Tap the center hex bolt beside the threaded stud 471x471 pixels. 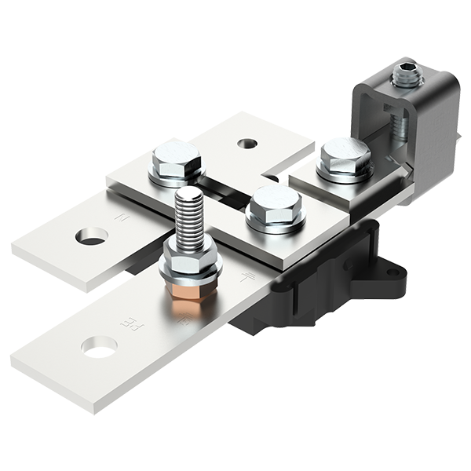[273, 206]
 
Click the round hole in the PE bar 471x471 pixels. [100, 345]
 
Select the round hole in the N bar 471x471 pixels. [91, 235]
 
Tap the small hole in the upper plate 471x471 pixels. [247, 144]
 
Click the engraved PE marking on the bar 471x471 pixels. [126, 321]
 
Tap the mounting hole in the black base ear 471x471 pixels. [392, 272]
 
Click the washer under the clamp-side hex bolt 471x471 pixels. [344, 174]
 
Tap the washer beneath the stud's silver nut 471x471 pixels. [188, 275]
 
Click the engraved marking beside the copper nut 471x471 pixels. [182, 321]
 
